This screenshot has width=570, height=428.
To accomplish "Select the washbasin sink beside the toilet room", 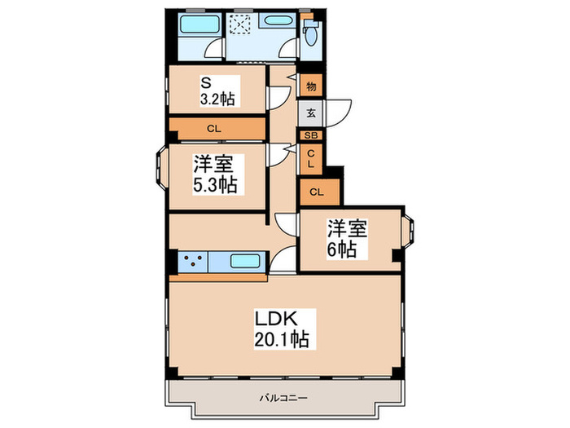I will coord(277,22).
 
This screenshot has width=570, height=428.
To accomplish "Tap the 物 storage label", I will coord(311,85).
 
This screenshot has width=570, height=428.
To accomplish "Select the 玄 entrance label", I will coord(311,113).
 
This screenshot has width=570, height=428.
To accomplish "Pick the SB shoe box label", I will coord(311,135).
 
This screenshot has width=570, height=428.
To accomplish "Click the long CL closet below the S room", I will coord(216,128).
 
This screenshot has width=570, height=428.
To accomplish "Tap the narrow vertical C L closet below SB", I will coord(310,157).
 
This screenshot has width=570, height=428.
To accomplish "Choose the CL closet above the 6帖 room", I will coord(317,192).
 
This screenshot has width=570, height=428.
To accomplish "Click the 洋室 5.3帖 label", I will coord(215,174).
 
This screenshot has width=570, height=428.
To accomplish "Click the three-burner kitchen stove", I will coord(192,263).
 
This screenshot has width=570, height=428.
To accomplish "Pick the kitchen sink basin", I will coord(243,263).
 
